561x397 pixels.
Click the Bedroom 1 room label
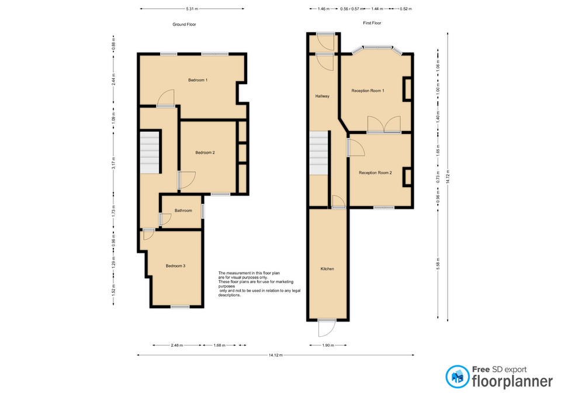click(198, 80)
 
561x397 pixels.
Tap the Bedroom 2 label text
click(205, 153)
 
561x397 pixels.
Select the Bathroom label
click(182, 210)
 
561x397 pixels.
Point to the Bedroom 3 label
click(175, 266)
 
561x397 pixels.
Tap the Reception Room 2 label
click(375, 172)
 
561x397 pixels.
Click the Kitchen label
click(327, 269)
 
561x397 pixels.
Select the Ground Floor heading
click(183, 24)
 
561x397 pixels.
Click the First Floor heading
click(372, 23)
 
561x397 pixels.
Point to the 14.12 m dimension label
click(276, 355)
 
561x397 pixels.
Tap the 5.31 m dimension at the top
click(192, 9)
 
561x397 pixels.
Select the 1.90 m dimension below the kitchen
click(327, 345)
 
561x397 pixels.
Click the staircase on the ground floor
click(150, 152)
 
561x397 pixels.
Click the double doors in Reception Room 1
click(383, 124)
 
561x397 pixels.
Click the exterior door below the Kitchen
click(326, 329)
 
